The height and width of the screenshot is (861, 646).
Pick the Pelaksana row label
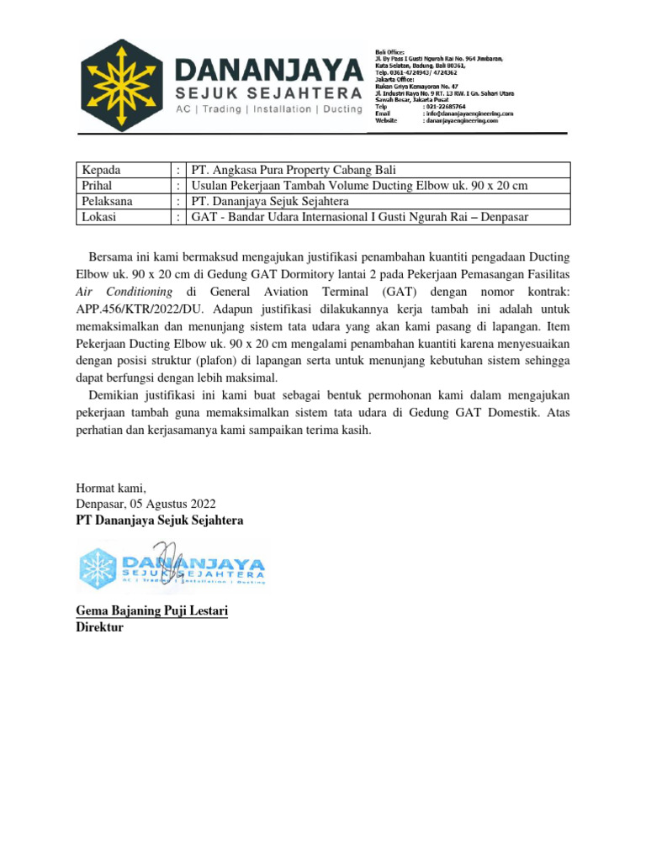(x=107, y=201)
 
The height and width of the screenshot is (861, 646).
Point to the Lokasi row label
(x=99, y=217)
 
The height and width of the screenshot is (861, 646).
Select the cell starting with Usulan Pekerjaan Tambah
(x=359, y=186)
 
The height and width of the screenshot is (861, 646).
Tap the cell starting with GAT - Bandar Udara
(x=363, y=217)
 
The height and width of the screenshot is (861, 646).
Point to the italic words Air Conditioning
(x=124, y=292)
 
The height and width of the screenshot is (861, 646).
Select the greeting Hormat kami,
(x=111, y=487)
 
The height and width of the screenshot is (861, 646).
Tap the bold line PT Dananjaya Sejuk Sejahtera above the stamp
(x=160, y=520)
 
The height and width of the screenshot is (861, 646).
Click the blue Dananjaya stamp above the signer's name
(x=172, y=566)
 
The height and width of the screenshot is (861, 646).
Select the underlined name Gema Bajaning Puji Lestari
(x=152, y=611)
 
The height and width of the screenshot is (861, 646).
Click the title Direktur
(x=100, y=627)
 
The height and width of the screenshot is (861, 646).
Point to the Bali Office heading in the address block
(x=390, y=51)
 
